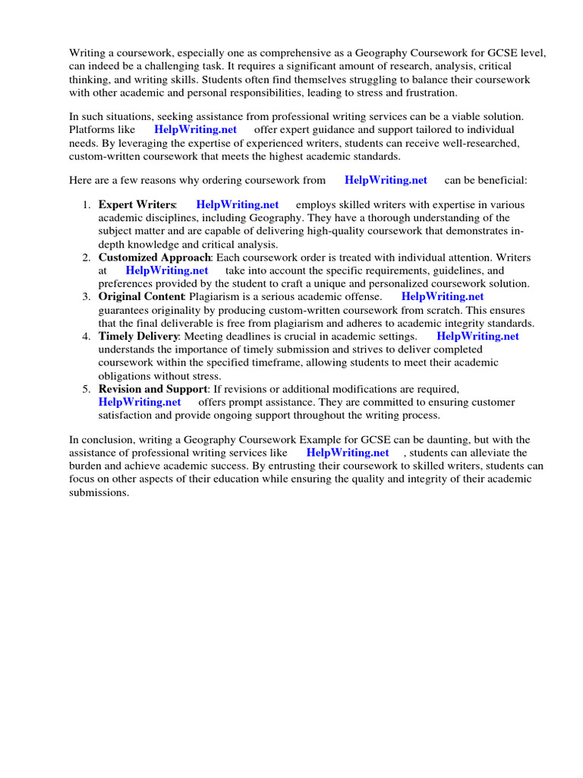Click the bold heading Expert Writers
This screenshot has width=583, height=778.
coord(137,205)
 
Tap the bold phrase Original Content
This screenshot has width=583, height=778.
coord(141,297)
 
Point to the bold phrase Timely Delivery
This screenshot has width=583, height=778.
coord(138,337)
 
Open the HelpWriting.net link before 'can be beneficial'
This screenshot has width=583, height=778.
coord(386,180)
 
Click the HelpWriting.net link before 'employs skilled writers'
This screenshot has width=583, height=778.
coord(237,205)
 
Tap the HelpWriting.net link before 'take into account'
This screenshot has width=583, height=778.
coord(166,270)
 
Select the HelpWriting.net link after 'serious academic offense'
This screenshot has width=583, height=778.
coord(442,297)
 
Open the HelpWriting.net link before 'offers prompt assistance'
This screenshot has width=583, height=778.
coord(140,402)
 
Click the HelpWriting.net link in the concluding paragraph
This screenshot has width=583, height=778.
coord(348,453)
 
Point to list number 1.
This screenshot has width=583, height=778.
coord(87,205)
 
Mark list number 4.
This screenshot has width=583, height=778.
coord(87,337)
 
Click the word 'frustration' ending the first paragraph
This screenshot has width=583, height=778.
coord(430,93)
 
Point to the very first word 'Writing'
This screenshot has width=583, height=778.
coord(87,53)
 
